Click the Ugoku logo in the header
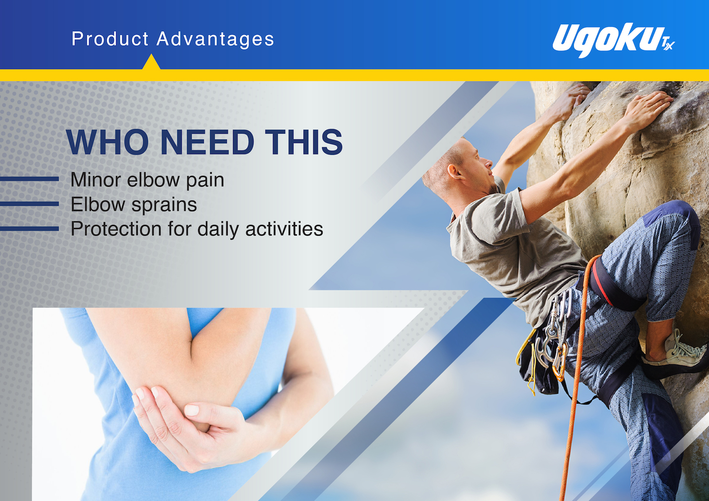613,40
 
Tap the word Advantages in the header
215,39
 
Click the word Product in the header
110,39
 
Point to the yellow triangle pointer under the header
151,62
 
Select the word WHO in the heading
108,142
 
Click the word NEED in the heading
207,142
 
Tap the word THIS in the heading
304,142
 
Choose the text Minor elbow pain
147,180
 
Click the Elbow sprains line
133,204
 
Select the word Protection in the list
116,229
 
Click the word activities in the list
284,229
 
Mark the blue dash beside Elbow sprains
29,204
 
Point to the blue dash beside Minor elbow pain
29,179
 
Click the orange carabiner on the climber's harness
560,363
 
